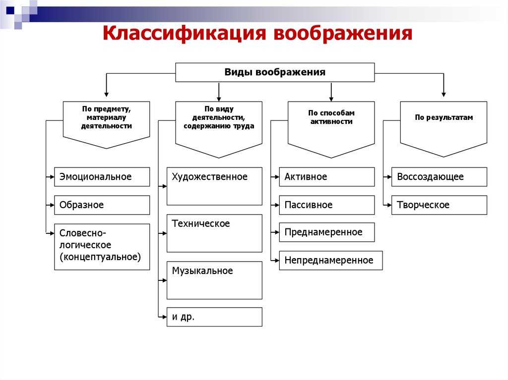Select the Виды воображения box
click(275, 72)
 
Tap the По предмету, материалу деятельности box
click(107, 119)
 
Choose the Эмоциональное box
click(102, 177)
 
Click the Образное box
click(102, 205)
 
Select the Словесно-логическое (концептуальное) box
click(102, 247)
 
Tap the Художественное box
click(214, 186)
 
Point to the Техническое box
click(214, 233)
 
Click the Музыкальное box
click(214, 280)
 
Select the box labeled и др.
click(214, 317)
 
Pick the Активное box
click(327, 177)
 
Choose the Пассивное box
click(327, 205)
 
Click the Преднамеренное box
click(327, 232)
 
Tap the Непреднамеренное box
click(331, 261)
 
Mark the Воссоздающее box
click(439, 177)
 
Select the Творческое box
click(439, 205)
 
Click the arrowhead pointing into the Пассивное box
click(276, 205)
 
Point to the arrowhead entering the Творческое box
click(388, 205)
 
